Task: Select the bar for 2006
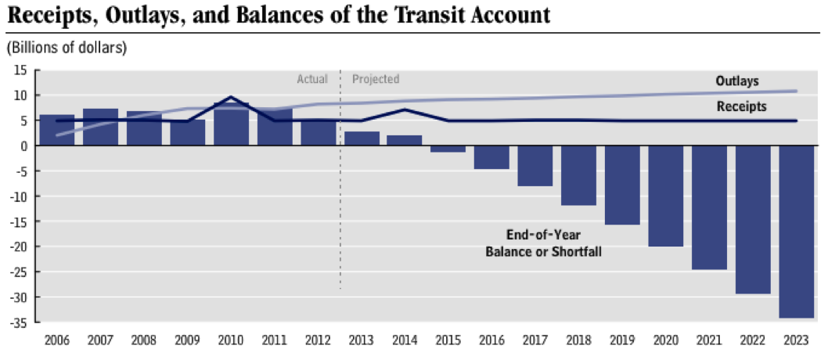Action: click(57, 130)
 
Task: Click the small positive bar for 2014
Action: click(405, 141)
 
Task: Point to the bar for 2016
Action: click(491, 157)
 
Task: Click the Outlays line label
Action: click(737, 81)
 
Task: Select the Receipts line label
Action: click(741, 106)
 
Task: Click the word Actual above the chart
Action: click(311, 79)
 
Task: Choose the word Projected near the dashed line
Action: click(376, 79)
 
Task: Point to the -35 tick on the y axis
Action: click(21, 322)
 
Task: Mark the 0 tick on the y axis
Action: click(26, 146)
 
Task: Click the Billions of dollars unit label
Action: click(67, 48)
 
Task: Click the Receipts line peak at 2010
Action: click(231, 97)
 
